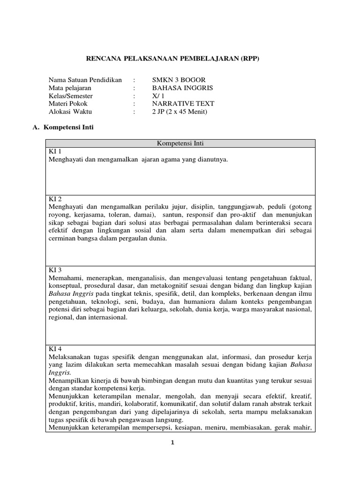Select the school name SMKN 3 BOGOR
coord(179,79)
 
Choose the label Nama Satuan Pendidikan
coord(85,79)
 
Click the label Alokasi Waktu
coord(70,111)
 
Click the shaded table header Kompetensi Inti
coord(180,143)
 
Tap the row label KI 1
coord(55,152)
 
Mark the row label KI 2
coord(55,199)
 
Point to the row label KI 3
coord(55,270)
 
